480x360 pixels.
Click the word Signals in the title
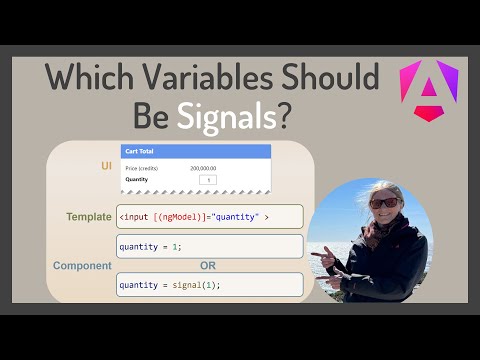(229, 117)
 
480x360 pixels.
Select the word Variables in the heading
(212, 78)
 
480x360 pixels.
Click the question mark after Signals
(286, 117)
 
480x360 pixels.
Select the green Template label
(88, 216)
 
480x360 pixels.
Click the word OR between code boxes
(209, 266)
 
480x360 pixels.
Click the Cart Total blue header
(195, 151)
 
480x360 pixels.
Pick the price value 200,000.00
(205, 169)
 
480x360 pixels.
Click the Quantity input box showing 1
(207, 180)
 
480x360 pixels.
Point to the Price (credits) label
(141, 169)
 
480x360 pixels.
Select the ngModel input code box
(209, 217)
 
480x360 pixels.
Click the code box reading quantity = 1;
(209, 246)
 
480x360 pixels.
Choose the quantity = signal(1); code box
(209, 284)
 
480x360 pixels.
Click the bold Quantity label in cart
(137, 180)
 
